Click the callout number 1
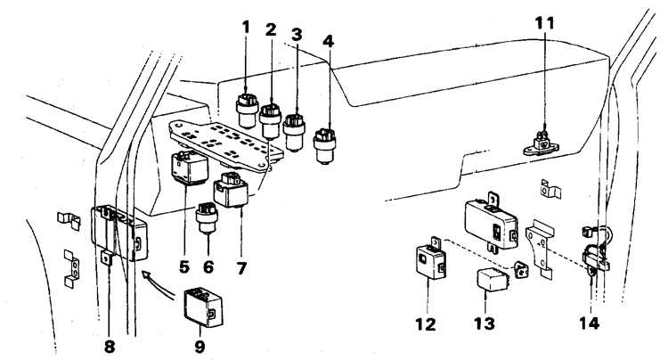tap(246, 28)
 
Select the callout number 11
tap(545, 23)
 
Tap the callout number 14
tap(590, 323)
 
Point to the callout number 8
tap(110, 347)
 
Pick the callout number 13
tap(485, 323)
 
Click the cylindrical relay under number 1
tap(247, 111)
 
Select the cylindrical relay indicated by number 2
tap(270, 121)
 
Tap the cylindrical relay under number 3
tap(294, 132)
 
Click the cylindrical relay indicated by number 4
tap(324, 146)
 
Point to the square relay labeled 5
tap(189, 168)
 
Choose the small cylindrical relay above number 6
tap(207, 217)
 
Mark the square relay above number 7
tap(231, 189)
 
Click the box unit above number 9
tap(204, 307)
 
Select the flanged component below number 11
tap(541, 145)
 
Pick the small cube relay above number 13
tap(493, 279)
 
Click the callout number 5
tap(184, 267)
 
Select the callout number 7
tap(241, 268)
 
